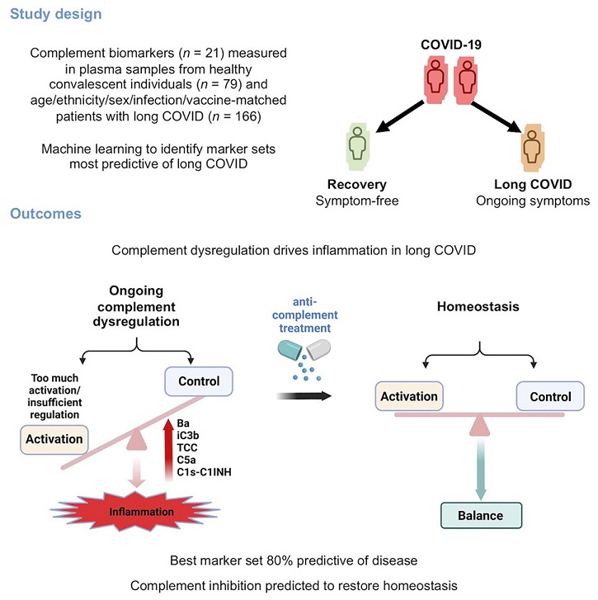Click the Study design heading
tap(56, 14)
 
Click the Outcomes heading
tap(45, 214)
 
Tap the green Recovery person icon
tap(357, 147)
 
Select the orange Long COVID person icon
tap(532, 148)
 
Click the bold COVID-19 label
tap(451, 45)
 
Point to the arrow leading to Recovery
tap(399, 116)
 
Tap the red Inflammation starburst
tap(136, 511)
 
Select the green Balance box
tap(481, 516)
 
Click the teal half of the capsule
tap(290, 350)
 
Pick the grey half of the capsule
tap(318, 349)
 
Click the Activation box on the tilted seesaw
tap(54, 439)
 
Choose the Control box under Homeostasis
tap(550, 396)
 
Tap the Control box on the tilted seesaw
tap(199, 381)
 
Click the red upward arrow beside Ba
tap(168, 450)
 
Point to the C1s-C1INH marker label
tap(205, 472)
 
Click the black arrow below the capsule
tap(304, 396)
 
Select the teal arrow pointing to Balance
tap(481, 470)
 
